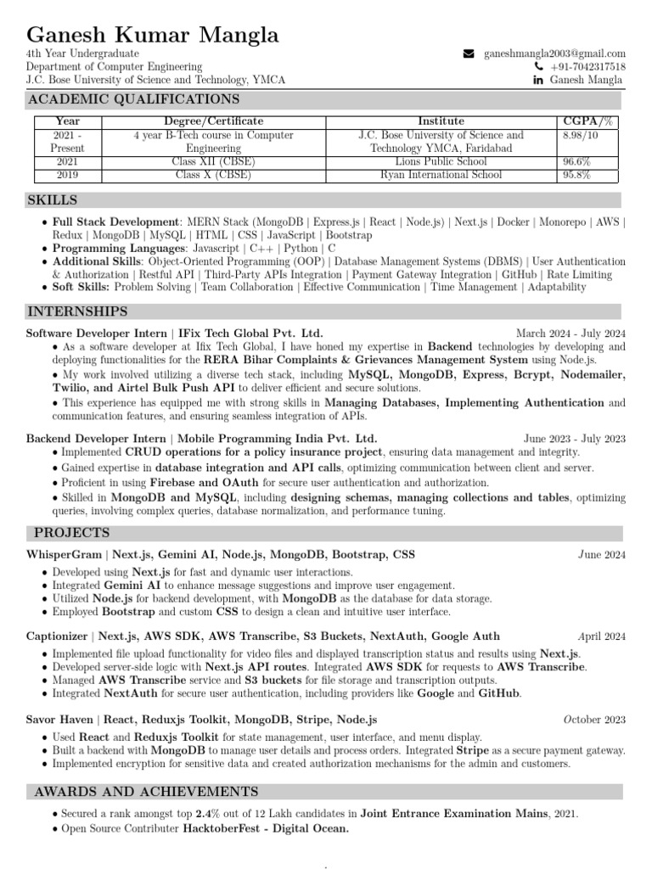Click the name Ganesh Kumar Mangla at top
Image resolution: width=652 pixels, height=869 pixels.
[x=153, y=36]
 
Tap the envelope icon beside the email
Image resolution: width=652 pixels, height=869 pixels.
[x=469, y=53]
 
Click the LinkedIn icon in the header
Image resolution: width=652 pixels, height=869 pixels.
[x=537, y=80]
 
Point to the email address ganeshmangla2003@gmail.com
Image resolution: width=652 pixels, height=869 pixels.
[x=554, y=53]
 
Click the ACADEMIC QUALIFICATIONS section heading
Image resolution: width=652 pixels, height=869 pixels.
[x=134, y=100]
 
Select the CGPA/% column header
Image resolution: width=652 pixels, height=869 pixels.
[x=588, y=121]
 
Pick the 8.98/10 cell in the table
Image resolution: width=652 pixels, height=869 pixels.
[x=580, y=135]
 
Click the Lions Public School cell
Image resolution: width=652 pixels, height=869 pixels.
[x=441, y=161]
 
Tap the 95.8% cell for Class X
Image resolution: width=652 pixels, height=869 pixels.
[x=577, y=175]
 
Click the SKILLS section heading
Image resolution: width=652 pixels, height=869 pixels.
[x=53, y=200]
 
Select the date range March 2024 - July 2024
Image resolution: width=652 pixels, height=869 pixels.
[x=570, y=333]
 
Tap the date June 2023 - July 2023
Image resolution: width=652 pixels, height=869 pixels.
[x=575, y=439]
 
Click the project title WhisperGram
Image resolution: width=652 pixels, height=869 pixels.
[x=64, y=555]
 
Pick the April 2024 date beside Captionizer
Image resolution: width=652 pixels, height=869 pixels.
[x=601, y=636]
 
